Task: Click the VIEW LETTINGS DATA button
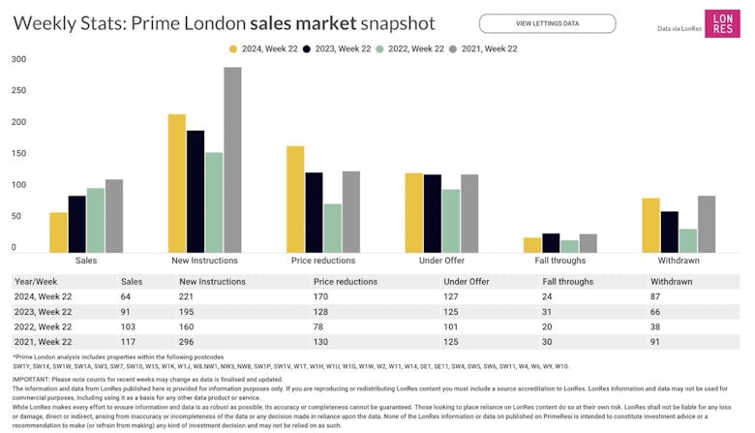tap(547, 23)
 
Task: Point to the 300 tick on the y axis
tap(18, 60)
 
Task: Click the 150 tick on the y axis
tap(18, 154)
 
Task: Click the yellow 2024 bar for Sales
tap(58, 232)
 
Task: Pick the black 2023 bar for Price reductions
tap(314, 212)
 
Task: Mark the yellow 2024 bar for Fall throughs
tap(531, 245)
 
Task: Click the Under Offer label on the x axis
tap(442, 261)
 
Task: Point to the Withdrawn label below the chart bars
tap(679, 261)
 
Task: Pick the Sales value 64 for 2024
tap(127, 296)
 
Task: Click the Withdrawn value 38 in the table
tap(655, 326)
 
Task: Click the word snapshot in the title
tap(392, 22)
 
